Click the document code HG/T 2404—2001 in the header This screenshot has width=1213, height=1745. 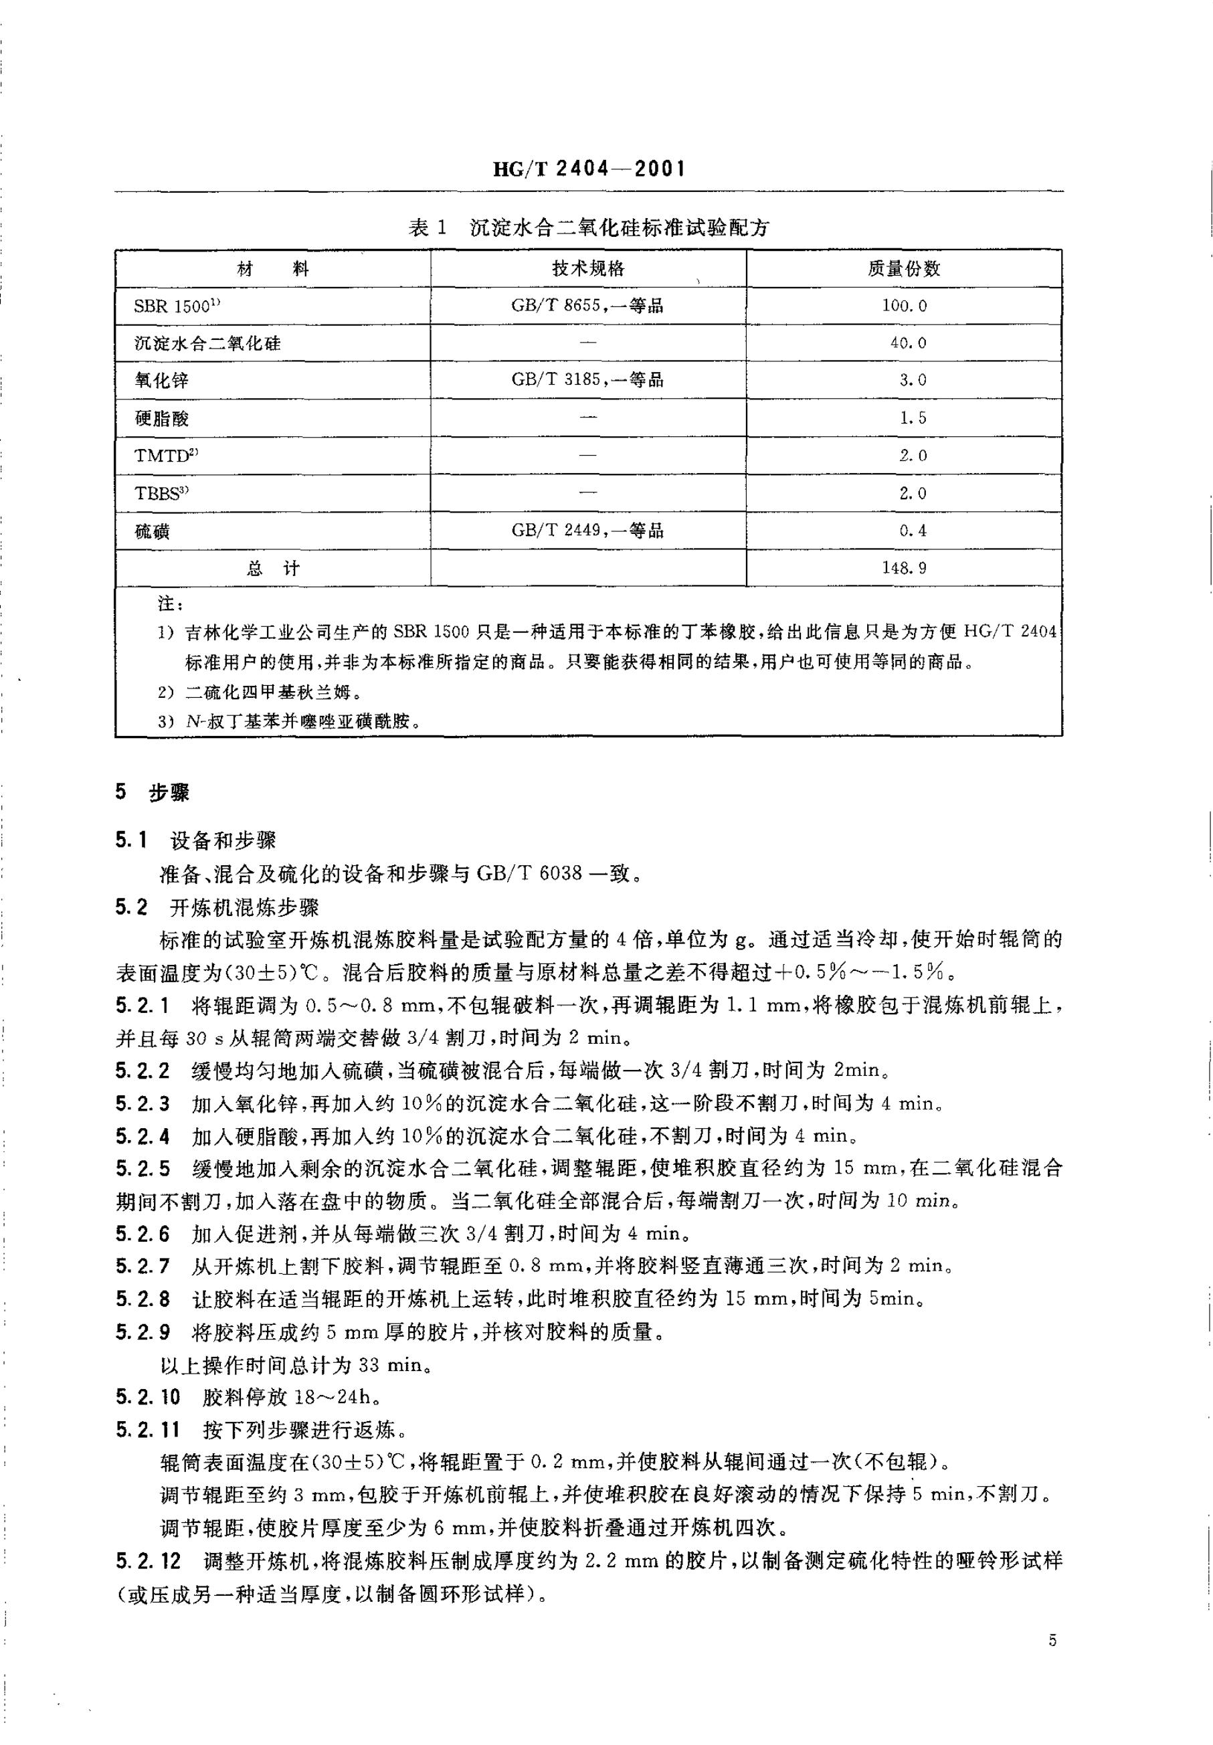pos(589,169)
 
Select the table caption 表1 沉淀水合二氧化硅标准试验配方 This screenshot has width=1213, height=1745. pos(589,228)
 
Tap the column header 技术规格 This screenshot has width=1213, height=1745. pos(588,269)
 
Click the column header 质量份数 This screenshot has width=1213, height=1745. pos(904,269)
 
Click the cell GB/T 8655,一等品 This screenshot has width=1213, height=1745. pos(587,306)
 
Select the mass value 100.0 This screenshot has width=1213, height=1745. pos(905,306)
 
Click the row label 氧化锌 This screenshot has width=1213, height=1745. pos(161,381)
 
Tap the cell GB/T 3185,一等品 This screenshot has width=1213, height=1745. pos(587,380)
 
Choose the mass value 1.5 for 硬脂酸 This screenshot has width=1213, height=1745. pos(913,418)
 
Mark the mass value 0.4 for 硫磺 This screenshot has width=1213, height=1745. pos(913,531)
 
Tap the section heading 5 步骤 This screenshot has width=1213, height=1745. pos(152,793)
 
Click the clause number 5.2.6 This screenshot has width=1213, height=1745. pos(143,1232)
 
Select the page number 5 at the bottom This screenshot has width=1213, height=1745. pos(1052,1641)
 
